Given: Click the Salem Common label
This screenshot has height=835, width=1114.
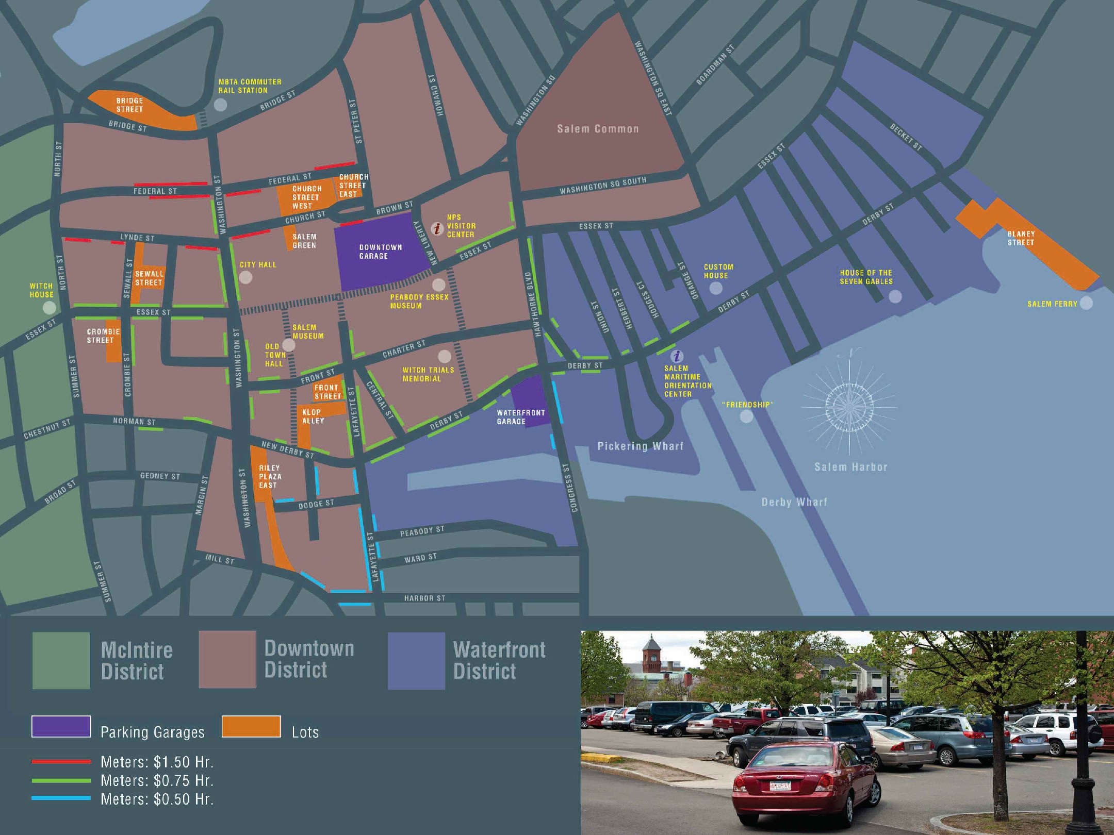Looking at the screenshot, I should coord(598,129).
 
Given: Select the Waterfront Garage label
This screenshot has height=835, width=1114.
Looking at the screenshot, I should coord(520,417).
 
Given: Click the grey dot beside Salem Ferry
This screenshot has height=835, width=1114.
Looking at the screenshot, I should coord(1086,303).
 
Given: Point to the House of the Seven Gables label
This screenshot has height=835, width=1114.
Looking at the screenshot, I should coord(866,277).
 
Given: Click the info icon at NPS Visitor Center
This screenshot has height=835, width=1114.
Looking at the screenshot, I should coord(437,228).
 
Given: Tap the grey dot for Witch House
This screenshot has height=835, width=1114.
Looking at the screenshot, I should coord(49,308).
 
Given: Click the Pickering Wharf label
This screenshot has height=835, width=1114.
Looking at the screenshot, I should coord(640,446).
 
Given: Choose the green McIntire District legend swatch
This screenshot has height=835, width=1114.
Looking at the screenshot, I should coord(61,660).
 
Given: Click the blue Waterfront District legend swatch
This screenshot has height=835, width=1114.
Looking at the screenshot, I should coord(416,660).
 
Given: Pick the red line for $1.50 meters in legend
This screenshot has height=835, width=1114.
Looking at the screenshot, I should coord(61,761).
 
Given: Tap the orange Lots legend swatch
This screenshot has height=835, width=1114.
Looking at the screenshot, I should coord(251,727).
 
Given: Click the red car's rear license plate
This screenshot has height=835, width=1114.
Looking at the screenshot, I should coord(780,786).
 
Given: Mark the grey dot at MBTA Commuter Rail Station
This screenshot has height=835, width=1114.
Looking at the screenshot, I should coord(220,105).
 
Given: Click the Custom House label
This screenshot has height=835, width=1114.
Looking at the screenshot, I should coord(718,271).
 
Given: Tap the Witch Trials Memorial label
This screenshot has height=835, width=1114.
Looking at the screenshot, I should coord(428,374).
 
